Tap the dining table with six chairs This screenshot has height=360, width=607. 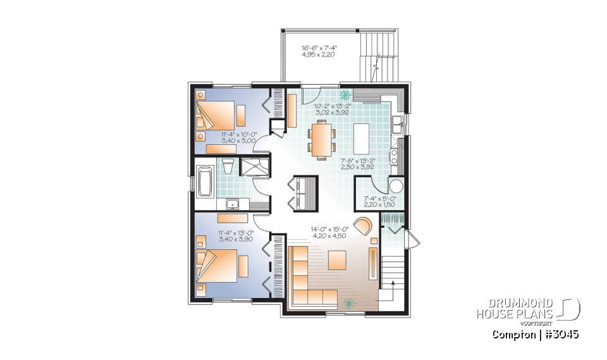[x=322, y=139]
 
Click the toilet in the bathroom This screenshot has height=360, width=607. [x=228, y=166]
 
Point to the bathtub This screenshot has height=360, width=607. [x=205, y=180]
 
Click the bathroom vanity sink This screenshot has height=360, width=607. [x=232, y=204]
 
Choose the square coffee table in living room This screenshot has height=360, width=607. [x=336, y=260]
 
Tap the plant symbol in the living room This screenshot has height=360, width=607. [x=349, y=302]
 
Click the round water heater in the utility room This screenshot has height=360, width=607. [x=396, y=186]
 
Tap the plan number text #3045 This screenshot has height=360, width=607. [x=560, y=334]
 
